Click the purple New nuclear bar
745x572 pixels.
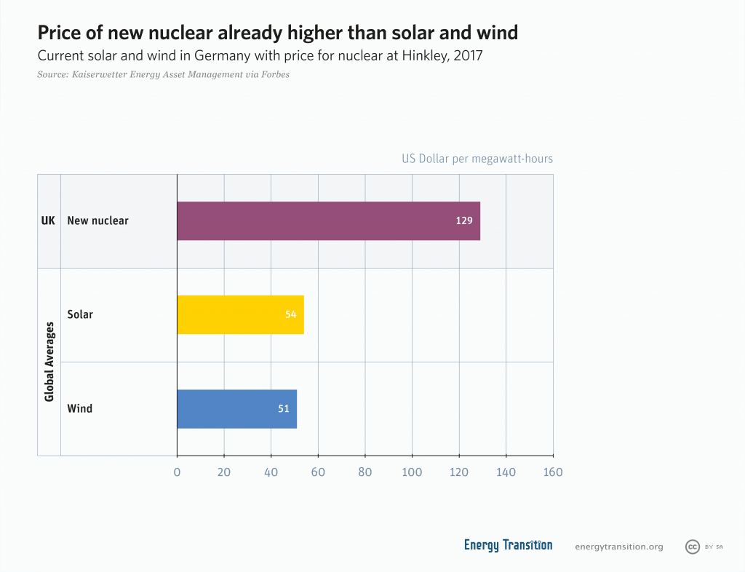pos(328,221)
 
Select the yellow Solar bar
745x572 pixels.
pos(240,314)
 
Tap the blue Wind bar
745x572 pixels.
pos(237,409)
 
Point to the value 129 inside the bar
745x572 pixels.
pos(464,221)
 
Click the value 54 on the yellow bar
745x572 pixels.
pos(291,314)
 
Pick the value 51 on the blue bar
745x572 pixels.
pos(284,408)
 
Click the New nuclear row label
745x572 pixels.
pos(98,221)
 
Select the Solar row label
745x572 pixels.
pos(80,314)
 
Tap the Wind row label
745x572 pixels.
pos(80,408)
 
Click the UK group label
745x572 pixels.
pos(48,221)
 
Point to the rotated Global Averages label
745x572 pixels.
pos(49,362)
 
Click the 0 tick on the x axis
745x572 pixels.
pos(178,472)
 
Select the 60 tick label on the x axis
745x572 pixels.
pos(319,472)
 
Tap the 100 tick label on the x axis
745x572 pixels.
pos(412,472)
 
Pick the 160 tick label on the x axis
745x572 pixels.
pos(553,472)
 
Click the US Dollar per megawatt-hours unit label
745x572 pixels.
pos(477,159)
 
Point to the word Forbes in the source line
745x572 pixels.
pos(275,74)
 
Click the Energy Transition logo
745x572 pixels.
pos(509,545)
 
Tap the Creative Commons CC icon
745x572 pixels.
pos(693,547)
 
